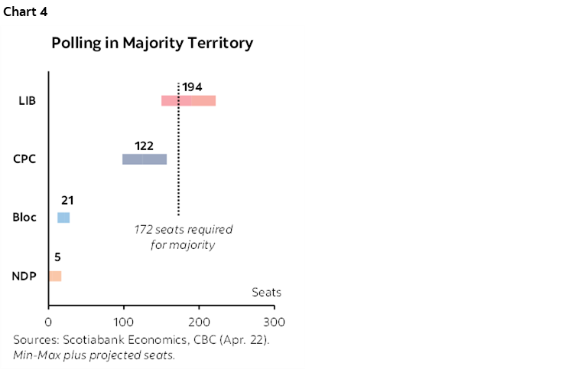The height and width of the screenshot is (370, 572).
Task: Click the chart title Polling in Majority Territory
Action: pos(152,43)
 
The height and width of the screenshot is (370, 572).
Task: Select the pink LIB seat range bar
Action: pos(188,101)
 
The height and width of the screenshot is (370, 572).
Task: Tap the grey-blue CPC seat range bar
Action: pos(144,159)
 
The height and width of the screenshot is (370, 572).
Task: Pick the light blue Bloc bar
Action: pos(63,218)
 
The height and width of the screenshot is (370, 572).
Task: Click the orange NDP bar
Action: pos(54,276)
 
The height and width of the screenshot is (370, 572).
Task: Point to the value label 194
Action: pos(192,87)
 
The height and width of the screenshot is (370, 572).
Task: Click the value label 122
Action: pos(144,145)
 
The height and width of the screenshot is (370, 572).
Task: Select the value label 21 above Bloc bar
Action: pos(67,201)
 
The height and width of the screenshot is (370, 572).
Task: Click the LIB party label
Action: pos(28,101)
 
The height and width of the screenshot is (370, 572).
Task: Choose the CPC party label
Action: pos(26,159)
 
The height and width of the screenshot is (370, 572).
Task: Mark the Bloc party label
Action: pos(24,218)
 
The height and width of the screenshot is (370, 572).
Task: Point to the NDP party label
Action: pos(25,276)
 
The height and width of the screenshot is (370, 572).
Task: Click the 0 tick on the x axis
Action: pos(48,322)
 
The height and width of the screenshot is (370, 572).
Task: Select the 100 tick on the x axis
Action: pos(123,322)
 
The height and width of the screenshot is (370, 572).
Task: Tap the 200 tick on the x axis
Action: pos(199,322)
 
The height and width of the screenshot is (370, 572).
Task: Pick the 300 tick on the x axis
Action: pos(274,322)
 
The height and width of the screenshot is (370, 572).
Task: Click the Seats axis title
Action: pos(266,293)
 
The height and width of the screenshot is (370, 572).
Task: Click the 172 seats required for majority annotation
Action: pos(183,237)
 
